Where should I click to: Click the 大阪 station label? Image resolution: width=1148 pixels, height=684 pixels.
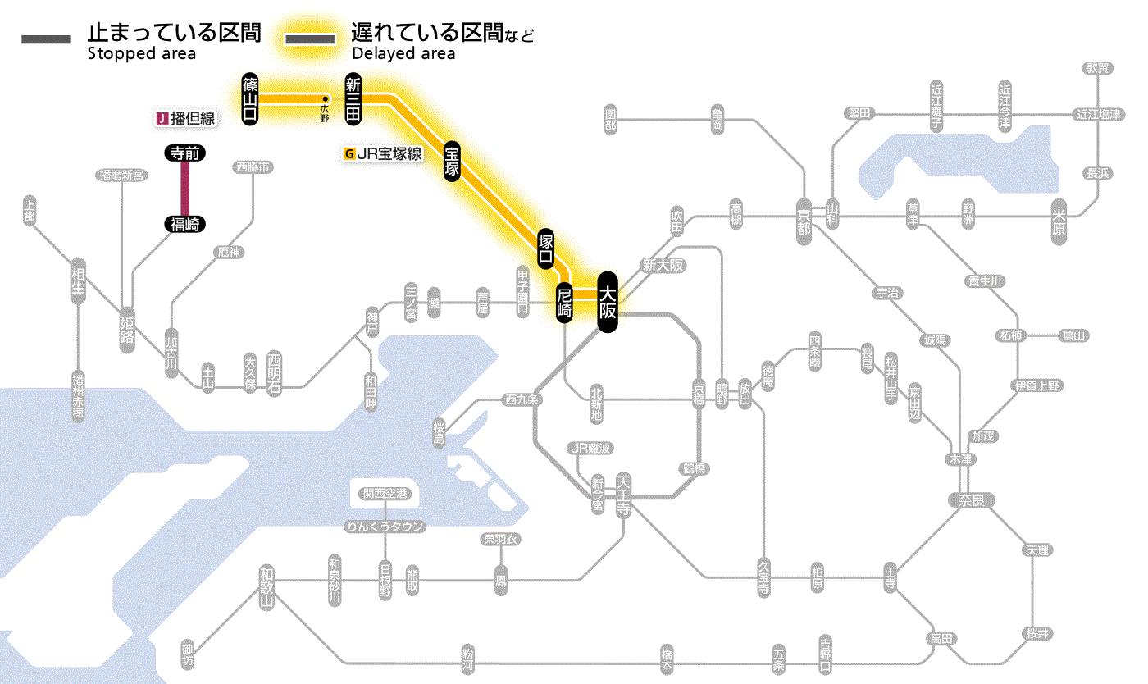coord(607,302)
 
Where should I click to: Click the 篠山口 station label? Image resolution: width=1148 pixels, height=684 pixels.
coord(250,99)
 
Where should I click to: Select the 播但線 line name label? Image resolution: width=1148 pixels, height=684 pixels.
coord(186,118)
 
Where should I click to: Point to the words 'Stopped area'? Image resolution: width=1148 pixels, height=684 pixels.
coord(141,54)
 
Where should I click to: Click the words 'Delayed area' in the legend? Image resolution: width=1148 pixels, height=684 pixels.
coord(403,54)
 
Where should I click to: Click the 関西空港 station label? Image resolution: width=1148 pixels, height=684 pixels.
coord(385,494)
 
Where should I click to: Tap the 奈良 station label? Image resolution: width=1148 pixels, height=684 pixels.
coord(971,499)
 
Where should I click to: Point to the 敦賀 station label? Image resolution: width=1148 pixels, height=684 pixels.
coord(1097,68)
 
